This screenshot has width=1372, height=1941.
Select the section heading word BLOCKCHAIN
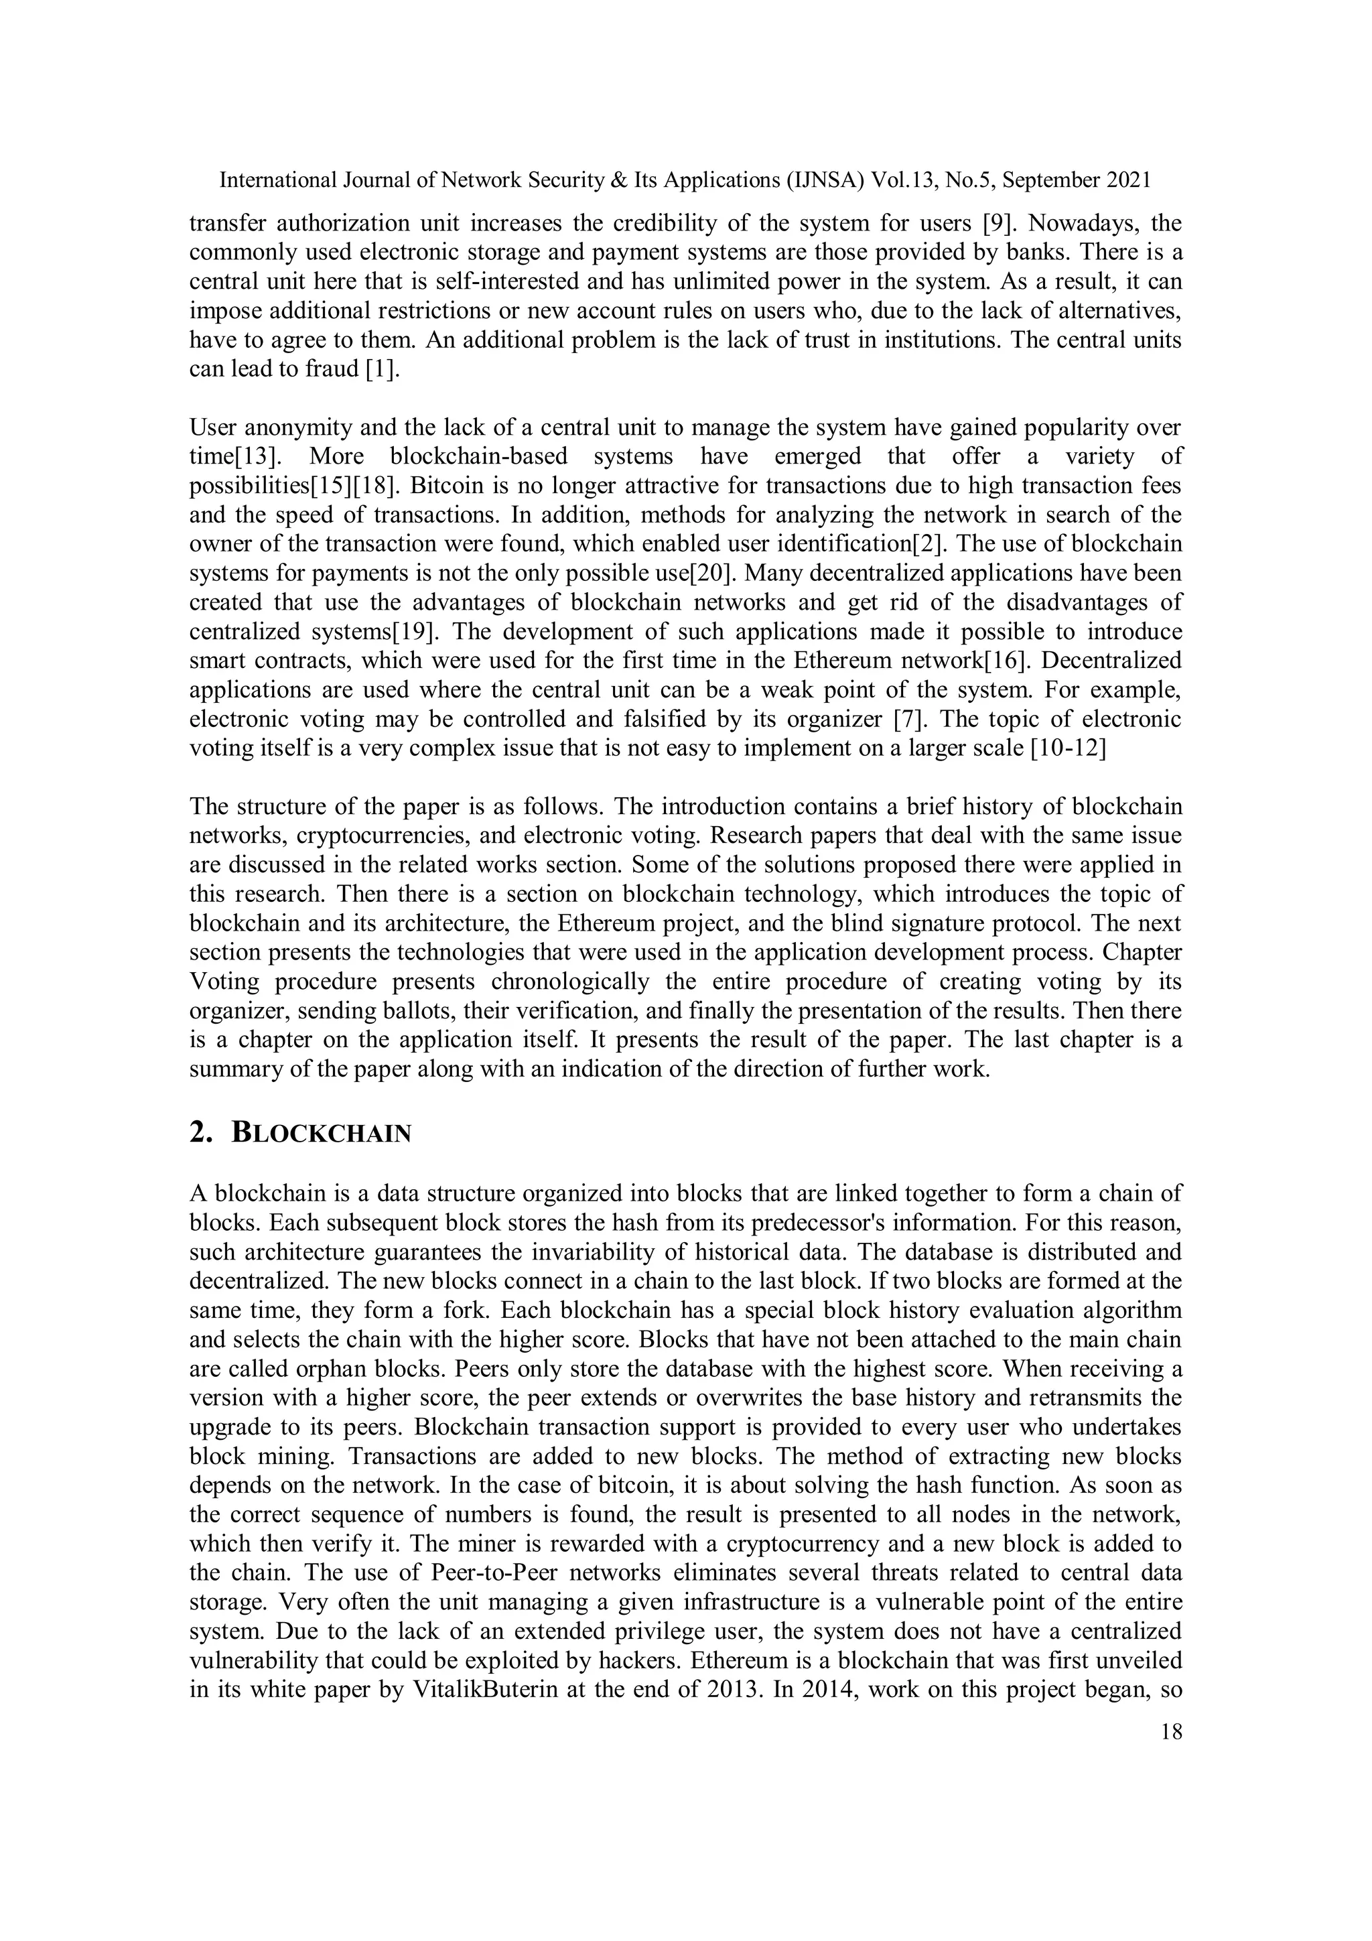click(322, 1134)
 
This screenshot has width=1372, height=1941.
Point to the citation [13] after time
click(257, 458)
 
